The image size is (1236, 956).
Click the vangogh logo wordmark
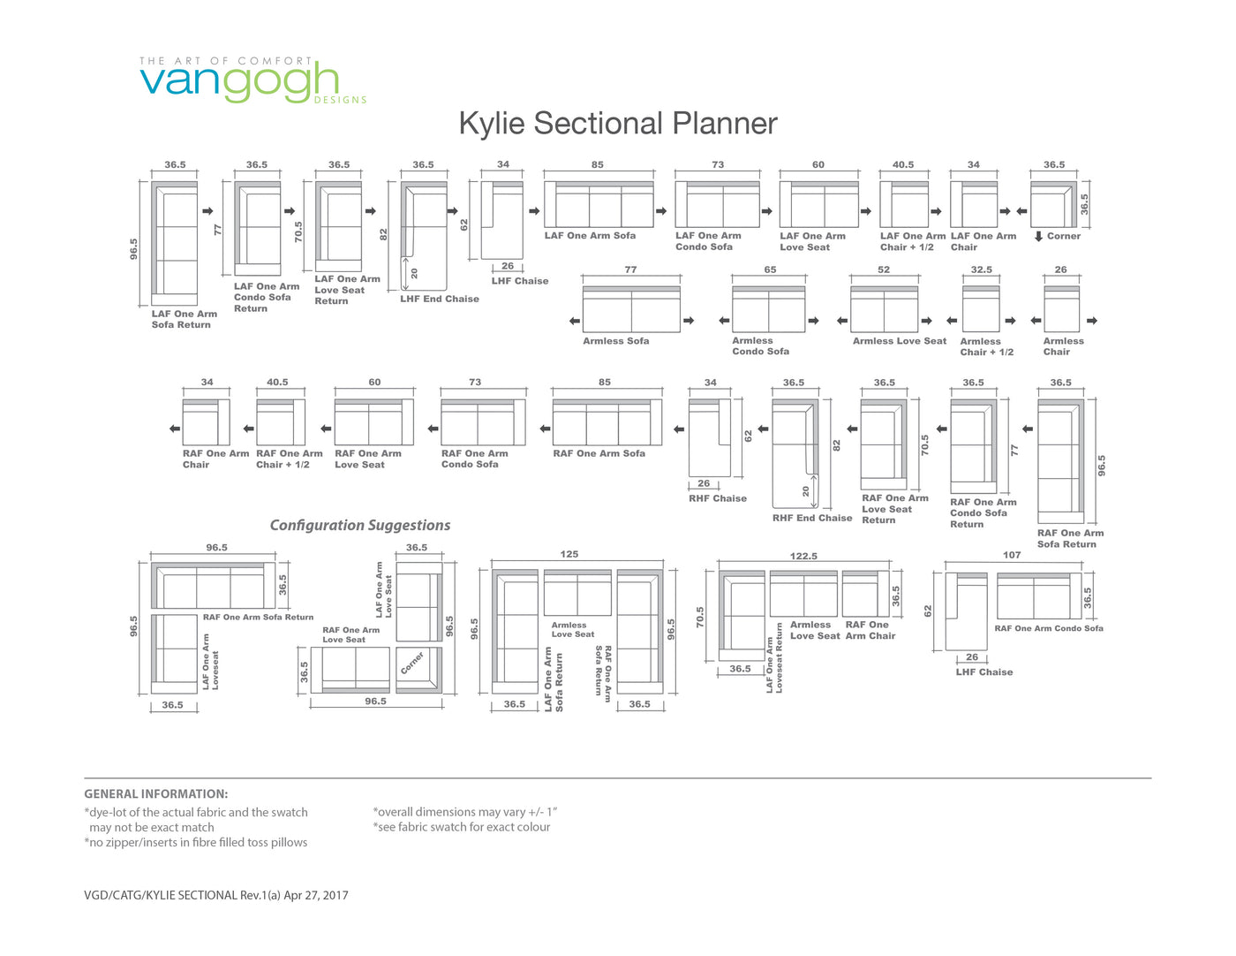coord(239,82)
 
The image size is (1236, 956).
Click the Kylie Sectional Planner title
coord(618,124)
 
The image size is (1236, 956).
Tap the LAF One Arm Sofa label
coord(590,236)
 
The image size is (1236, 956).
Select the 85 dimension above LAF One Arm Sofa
coord(597,164)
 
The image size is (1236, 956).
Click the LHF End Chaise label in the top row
coord(439,299)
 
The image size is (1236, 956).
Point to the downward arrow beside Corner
coord(1038,236)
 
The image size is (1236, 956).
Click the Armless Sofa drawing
coord(631,309)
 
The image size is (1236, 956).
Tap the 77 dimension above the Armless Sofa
coord(630,269)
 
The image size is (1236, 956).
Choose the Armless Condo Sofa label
coord(760,346)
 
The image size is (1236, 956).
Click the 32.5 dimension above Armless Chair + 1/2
coord(981,269)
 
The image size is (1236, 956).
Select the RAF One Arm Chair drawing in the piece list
coord(206,422)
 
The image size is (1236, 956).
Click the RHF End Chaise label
coord(811,518)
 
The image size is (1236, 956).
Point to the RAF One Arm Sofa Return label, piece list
coord(1070,538)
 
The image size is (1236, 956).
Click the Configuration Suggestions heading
coord(360,525)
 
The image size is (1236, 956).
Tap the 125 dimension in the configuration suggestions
coord(569,554)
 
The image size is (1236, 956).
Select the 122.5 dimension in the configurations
coord(803,556)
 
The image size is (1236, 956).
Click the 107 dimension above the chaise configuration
coord(1012,555)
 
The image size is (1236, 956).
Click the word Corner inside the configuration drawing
coord(411,663)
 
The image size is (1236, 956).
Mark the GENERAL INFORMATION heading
coord(156,793)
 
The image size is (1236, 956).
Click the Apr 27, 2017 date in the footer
coord(316,895)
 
